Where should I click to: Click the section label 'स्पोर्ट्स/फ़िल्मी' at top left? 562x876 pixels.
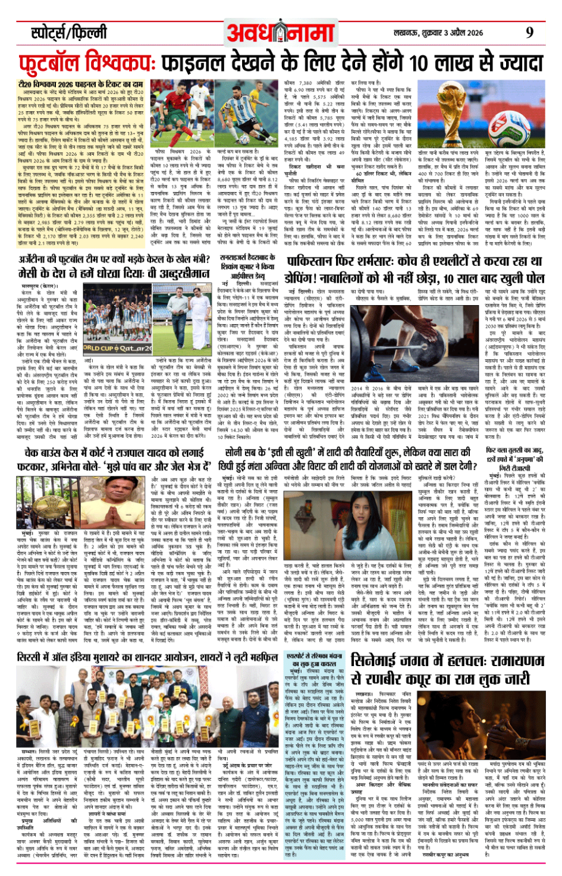pos(69,32)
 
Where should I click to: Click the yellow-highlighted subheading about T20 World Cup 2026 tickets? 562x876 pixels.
pos(80,84)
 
